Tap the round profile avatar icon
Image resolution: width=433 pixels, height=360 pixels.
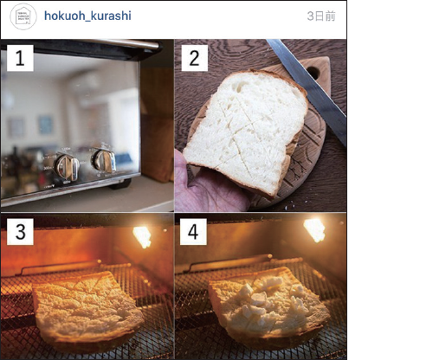(x=23, y=16)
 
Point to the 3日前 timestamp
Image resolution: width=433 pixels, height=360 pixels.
(x=320, y=16)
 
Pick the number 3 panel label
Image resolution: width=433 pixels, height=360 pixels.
(x=20, y=232)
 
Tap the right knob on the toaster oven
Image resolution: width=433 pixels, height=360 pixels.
(x=103, y=160)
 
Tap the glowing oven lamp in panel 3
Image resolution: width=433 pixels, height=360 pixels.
(x=141, y=235)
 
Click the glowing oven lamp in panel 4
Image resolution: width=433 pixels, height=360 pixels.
(x=314, y=229)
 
